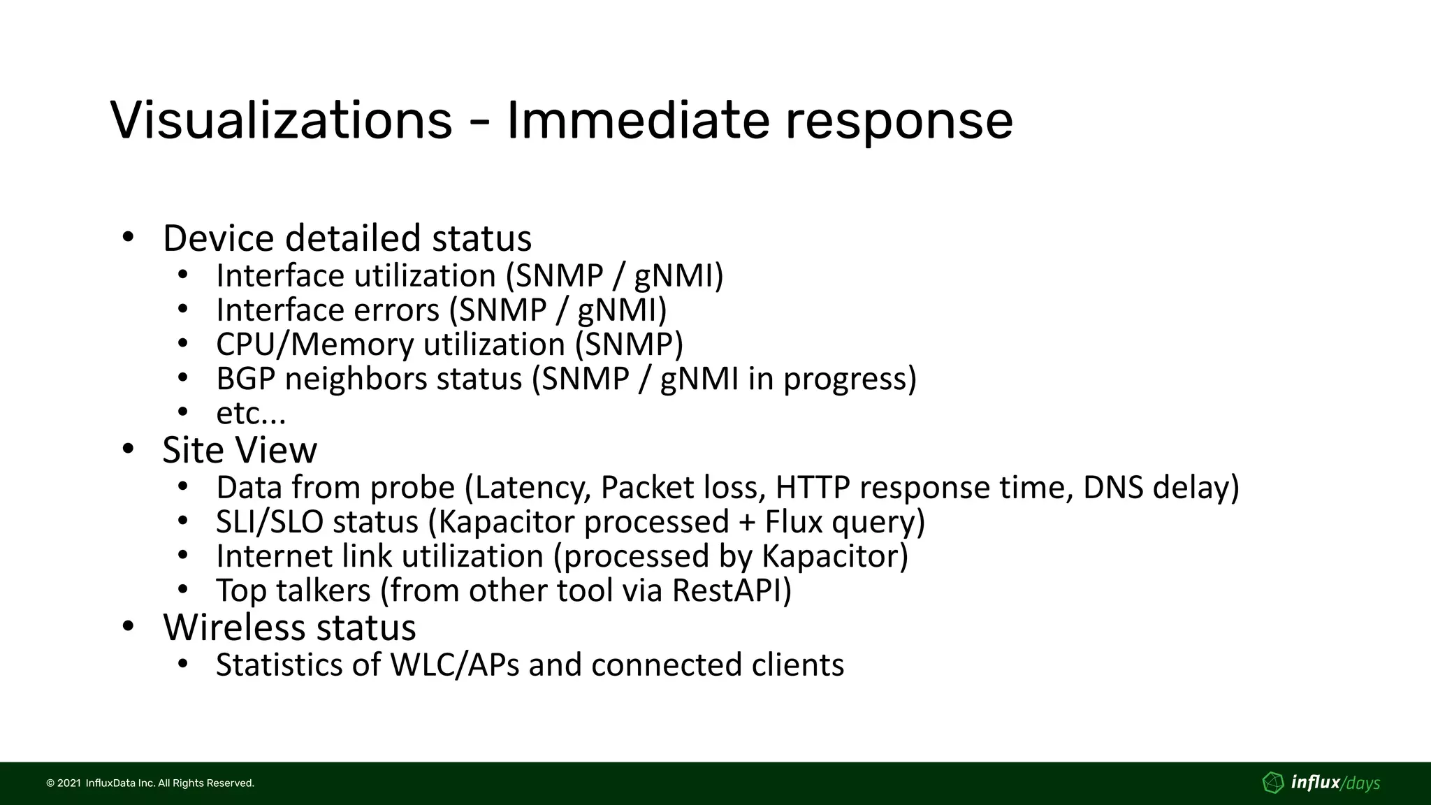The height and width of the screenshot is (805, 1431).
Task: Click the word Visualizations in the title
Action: [x=281, y=120]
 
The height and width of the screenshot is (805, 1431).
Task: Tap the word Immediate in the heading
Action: [x=637, y=120]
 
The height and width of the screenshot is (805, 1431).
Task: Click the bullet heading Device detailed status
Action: [x=347, y=238]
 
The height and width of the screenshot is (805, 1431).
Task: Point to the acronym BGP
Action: [x=246, y=379]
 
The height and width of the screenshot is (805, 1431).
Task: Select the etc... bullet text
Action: [x=251, y=414]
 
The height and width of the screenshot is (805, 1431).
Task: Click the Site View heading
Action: [x=239, y=450]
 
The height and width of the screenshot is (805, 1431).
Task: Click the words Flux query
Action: [x=843, y=522]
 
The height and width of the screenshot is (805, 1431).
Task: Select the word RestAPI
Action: [x=731, y=590]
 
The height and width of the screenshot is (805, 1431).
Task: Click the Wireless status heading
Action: [x=289, y=627]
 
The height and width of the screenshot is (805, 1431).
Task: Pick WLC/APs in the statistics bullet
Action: [x=454, y=665]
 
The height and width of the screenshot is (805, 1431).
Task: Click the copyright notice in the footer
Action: [x=150, y=783]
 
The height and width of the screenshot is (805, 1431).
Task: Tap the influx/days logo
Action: [x=1321, y=783]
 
